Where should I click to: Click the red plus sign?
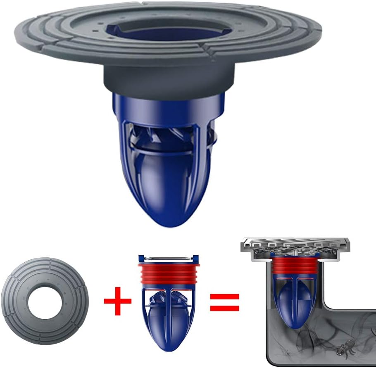click(117, 300)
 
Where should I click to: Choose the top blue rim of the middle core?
click(169, 259)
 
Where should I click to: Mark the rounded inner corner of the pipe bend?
click(326, 305)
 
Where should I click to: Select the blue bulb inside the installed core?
click(296, 304)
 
